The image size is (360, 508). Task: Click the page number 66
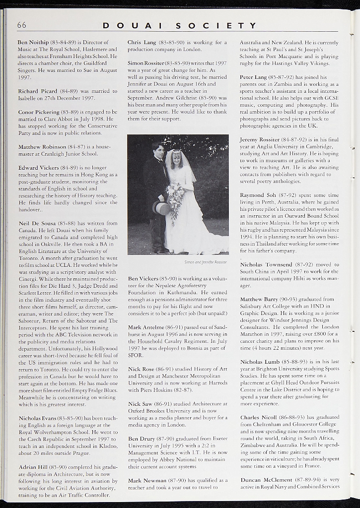22,25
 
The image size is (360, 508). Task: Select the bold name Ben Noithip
33,43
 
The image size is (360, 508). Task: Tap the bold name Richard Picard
37,91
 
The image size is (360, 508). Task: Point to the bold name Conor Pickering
39,112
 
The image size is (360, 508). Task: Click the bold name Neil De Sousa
37,224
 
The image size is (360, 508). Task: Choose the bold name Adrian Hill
33,467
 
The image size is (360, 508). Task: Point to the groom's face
159,150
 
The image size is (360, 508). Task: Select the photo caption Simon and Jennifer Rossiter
206,261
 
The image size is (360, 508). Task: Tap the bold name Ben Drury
141,439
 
